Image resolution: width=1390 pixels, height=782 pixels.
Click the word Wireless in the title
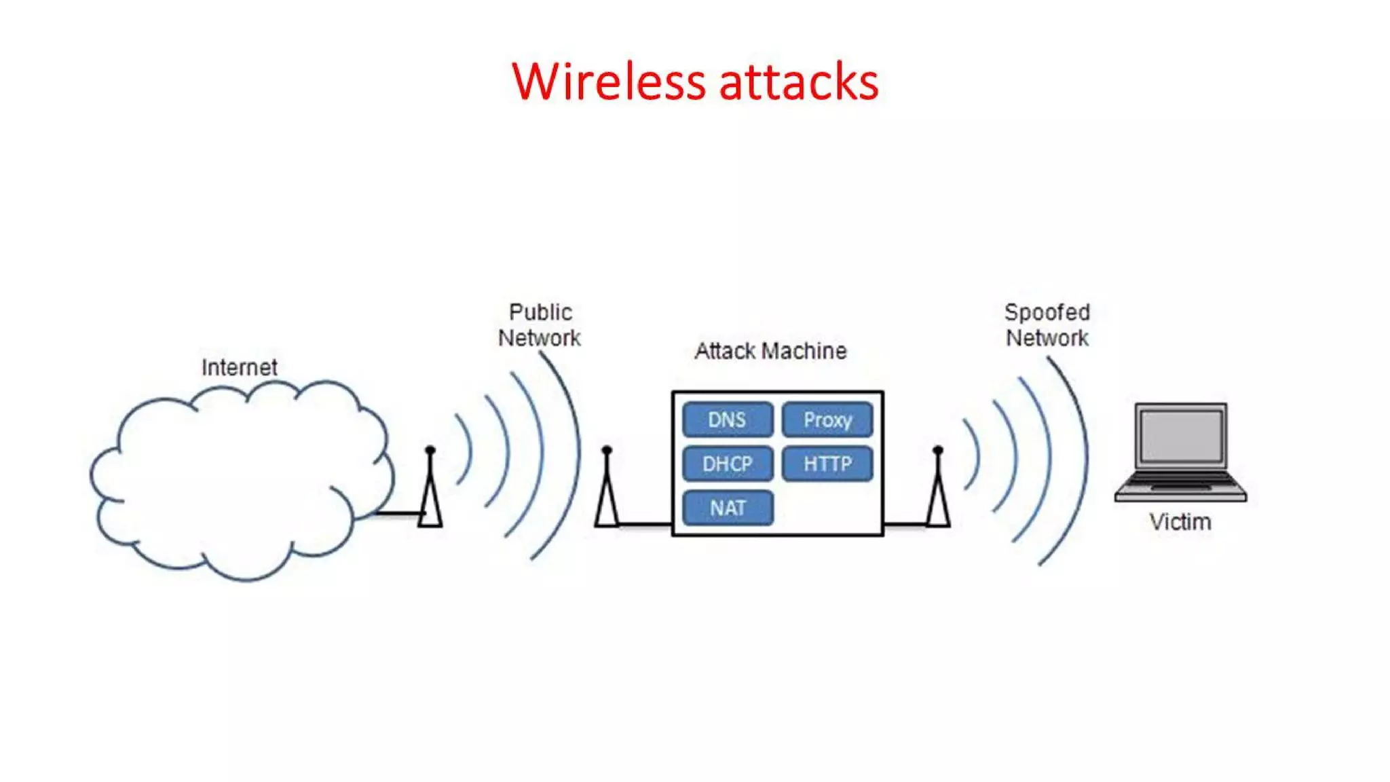[609, 82]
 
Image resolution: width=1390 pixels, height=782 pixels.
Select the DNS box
[727, 420]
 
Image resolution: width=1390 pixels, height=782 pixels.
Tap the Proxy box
[827, 420]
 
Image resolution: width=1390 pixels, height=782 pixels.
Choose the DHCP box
[727, 464]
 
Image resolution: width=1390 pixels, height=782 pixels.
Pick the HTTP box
[827, 464]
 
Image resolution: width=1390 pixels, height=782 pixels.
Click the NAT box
[727, 508]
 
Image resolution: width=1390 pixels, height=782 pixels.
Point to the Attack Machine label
[770, 351]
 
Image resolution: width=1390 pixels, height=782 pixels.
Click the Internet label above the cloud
[239, 367]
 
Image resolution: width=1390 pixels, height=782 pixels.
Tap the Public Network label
[540, 325]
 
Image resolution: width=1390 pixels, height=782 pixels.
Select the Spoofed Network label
[1047, 325]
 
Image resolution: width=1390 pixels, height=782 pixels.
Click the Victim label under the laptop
[1180, 522]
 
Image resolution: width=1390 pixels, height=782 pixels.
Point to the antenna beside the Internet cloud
[430, 489]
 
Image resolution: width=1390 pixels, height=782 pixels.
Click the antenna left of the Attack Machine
[607, 489]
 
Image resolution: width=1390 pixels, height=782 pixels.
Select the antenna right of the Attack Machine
[938, 489]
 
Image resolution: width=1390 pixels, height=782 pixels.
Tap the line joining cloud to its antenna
[399, 514]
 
